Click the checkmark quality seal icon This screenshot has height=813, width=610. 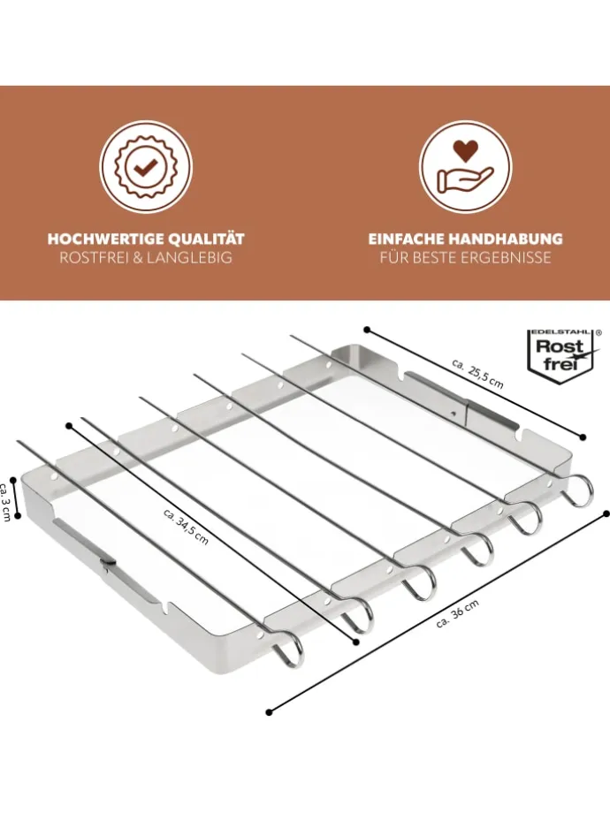pyautogui.click(x=146, y=166)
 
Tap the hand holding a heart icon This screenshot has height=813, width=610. pyautogui.click(x=465, y=166)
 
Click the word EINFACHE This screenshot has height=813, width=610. pyautogui.click(x=406, y=239)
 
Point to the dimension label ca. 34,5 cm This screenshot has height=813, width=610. pyautogui.click(x=186, y=527)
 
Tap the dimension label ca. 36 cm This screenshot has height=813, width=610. pyautogui.click(x=458, y=614)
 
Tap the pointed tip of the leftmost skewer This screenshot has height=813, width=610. pyautogui.click(x=19, y=441)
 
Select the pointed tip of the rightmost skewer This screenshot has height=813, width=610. pyautogui.click(x=291, y=337)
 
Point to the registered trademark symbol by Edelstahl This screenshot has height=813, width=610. pyautogui.click(x=599, y=332)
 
